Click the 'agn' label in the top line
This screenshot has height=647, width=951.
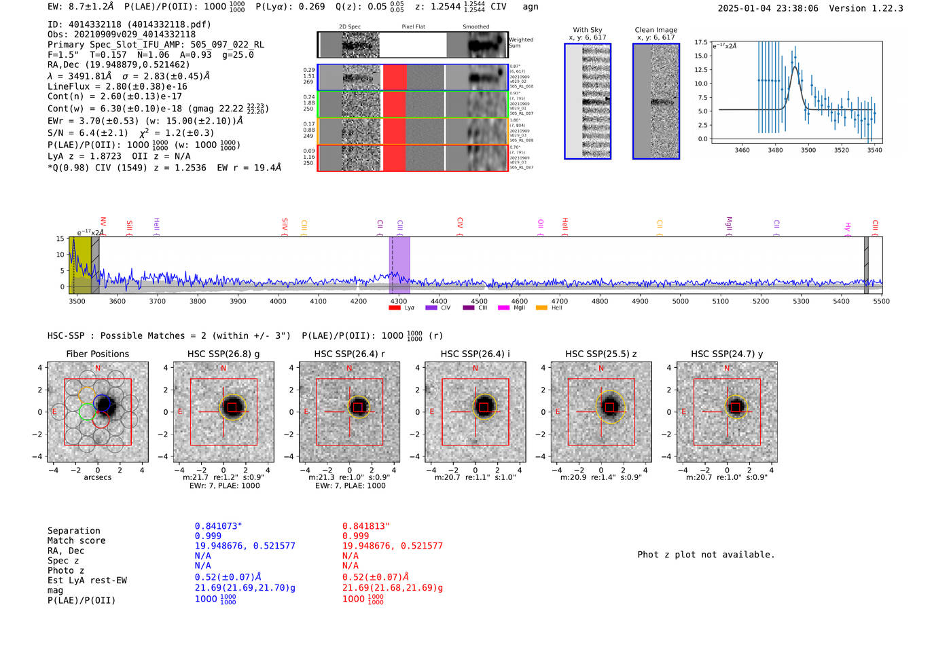[x=531, y=7]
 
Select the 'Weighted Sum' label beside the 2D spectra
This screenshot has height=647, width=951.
[x=521, y=43]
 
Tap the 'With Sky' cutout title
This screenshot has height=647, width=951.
[x=587, y=30]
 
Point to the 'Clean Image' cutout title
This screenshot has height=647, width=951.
[x=656, y=30]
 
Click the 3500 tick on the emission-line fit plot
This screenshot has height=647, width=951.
[x=808, y=150]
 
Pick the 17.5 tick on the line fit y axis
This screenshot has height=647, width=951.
[x=700, y=42]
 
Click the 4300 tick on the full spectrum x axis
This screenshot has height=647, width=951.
[x=399, y=301]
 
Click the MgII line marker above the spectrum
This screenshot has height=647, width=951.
[x=729, y=223]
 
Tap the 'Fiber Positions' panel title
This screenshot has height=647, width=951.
[x=97, y=354]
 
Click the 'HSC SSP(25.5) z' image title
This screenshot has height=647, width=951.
[x=600, y=354]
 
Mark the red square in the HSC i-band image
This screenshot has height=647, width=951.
[x=484, y=407]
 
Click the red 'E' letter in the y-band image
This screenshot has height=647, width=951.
[x=684, y=412]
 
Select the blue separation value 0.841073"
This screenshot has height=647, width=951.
[x=218, y=526]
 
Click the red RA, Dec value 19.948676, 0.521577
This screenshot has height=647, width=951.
[x=392, y=546]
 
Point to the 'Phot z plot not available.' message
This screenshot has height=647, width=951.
[x=706, y=555]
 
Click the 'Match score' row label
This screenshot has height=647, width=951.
[x=76, y=541]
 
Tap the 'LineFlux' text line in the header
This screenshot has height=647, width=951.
[x=117, y=87]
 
